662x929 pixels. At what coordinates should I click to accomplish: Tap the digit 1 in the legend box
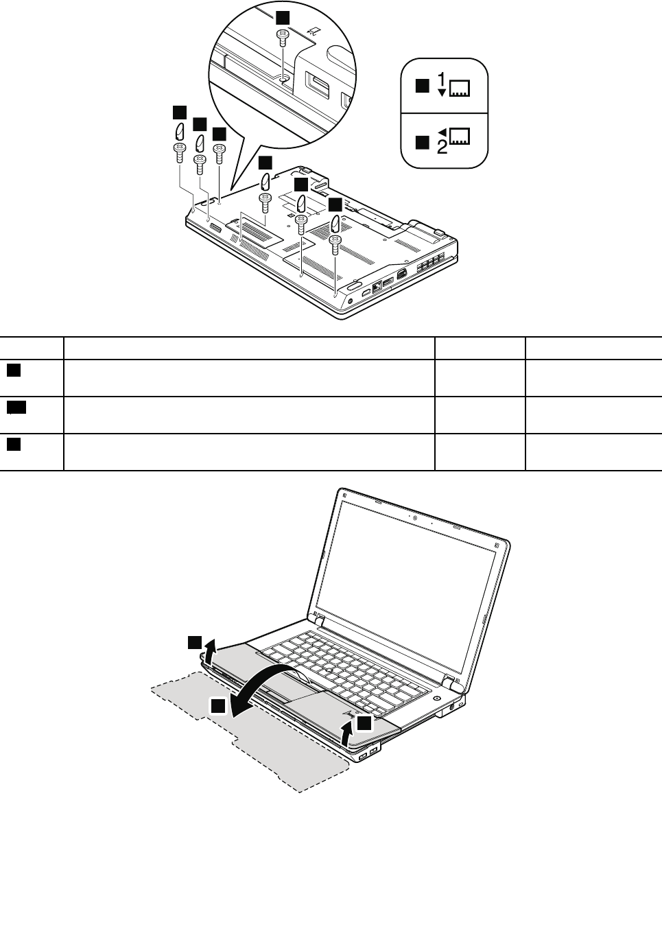click(442, 78)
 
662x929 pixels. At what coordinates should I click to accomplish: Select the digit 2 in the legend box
click(442, 148)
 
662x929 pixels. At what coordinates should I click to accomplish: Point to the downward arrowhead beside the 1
click(442, 93)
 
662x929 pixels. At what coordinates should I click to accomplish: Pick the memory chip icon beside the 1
click(460, 89)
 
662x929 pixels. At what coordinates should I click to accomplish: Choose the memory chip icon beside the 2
click(460, 136)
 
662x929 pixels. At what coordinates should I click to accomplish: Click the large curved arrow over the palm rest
click(265, 683)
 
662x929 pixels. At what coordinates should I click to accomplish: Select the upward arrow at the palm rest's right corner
click(348, 733)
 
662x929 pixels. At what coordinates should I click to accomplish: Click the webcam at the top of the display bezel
click(415, 518)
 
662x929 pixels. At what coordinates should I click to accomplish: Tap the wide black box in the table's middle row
click(16, 408)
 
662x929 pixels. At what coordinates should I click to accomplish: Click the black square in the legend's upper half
click(423, 86)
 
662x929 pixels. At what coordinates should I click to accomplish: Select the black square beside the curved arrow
click(218, 706)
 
